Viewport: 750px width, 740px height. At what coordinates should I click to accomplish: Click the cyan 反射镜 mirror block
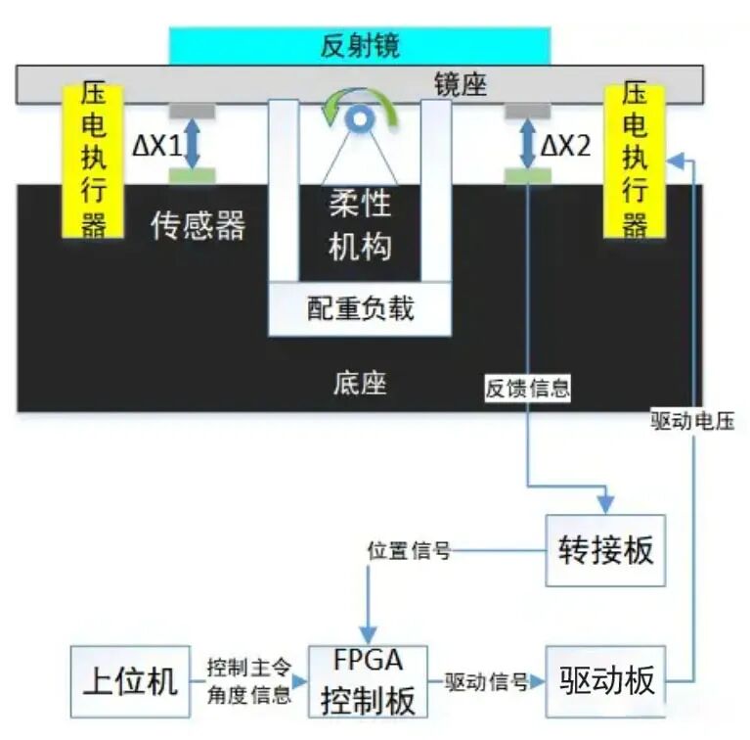click(x=360, y=45)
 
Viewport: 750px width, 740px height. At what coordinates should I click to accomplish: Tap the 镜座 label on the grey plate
click(x=461, y=85)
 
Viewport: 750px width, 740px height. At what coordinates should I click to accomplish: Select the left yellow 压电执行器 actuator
click(x=93, y=162)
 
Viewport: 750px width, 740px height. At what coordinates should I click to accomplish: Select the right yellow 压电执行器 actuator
click(x=635, y=162)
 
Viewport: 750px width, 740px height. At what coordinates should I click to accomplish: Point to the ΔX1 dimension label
click(x=157, y=147)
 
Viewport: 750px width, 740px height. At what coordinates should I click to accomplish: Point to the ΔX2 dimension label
click(x=567, y=147)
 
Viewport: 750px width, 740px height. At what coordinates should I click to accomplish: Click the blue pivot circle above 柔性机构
click(x=359, y=118)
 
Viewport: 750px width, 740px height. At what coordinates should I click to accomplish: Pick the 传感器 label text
click(x=199, y=226)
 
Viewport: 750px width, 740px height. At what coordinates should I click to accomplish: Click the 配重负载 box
click(x=360, y=309)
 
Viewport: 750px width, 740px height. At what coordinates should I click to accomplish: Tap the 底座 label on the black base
click(x=360, y=383)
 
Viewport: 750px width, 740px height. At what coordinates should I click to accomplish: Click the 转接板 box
click(x=605, y=550)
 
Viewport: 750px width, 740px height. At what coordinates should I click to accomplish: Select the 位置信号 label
click(x=409, y=551)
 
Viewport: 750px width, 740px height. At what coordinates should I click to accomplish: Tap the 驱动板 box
click(x=605, y=680)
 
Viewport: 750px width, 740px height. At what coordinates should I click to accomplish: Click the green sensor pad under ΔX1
click(x=193, y=175)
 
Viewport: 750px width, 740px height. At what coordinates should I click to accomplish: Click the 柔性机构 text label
click(x=359, y=224)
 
